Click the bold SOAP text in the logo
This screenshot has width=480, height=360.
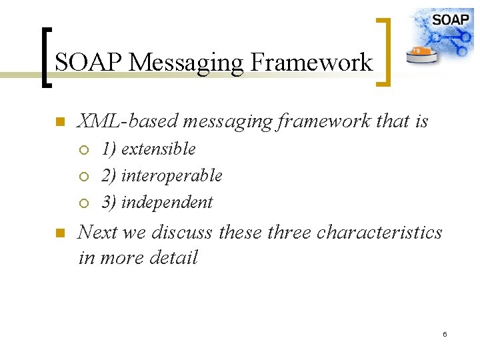pos(451,19)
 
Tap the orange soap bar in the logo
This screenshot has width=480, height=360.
pos(420,51)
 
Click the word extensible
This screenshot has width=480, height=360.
pos(158,149)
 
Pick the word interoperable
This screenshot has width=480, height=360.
pos(171,175)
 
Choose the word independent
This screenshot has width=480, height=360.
pos(167,202)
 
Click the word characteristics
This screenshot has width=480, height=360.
pos(379,232)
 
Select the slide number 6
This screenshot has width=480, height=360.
pos(445,333)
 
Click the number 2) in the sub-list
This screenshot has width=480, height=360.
pos(109,175)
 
